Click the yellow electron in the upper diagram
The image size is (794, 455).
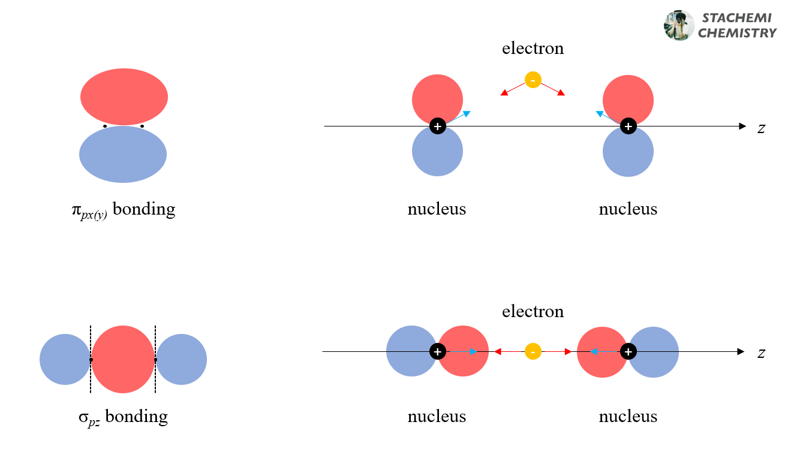click(533, 80)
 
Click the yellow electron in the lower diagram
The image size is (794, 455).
click(533, 351)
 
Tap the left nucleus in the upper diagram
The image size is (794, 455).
click(438, 126)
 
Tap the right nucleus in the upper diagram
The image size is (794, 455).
click(628, 126)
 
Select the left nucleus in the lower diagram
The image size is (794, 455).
click(438, 351)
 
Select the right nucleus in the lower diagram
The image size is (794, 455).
click(628, 351)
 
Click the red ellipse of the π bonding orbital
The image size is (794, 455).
click(124, 96)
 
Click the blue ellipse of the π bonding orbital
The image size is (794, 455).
click(123, 154)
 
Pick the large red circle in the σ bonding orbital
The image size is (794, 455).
click(123, 359)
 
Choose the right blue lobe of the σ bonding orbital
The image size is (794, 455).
click(182, 359)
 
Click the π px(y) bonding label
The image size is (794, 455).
click(123, 210)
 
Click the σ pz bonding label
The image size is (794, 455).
click(123, 417)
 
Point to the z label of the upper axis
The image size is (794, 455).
click(761, 128)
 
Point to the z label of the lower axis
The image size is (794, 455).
click(761, 352)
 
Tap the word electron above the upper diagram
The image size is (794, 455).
click(533, 48)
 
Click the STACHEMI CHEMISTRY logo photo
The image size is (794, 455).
click(679, 25)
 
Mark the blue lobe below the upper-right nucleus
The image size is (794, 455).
click(628, 153)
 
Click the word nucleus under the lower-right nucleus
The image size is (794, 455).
click(628, 416)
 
